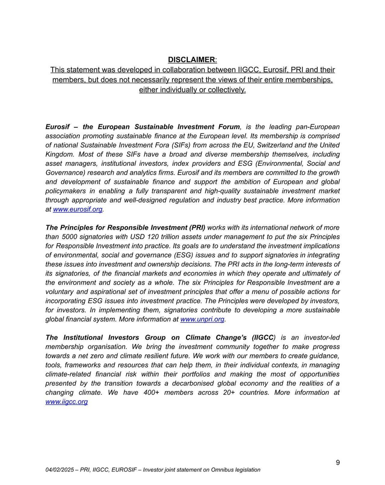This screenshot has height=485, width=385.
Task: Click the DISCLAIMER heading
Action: point(192,60)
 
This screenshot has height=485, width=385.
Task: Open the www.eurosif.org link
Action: point(78,209)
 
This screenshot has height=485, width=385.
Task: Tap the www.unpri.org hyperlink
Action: point(202,319)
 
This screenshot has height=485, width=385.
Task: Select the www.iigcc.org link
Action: point(66,402)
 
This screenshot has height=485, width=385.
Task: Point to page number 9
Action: point(338,462)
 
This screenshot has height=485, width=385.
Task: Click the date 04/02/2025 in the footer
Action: point(60,470)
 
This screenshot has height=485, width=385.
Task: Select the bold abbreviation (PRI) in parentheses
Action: point(197,228)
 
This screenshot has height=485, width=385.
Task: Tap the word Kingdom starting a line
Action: point(59,154)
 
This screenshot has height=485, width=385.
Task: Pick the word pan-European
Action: point(318,127)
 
